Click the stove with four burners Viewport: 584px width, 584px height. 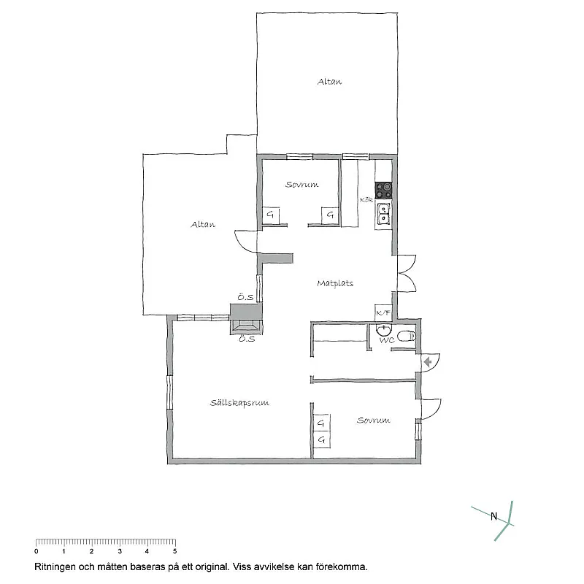tap(383, 191)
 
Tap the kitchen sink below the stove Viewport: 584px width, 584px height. tap(383, 215)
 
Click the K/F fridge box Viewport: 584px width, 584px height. tap(383, 312)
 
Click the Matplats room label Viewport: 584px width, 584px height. tap(335, 283)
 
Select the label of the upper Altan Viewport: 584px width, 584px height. tap(329, 82)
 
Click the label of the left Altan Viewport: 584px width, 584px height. tap(203, 225)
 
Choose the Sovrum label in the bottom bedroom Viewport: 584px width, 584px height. tap(373, 420)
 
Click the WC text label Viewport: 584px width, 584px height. tap(387, 340)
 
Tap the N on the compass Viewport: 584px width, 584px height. tap(493, 518)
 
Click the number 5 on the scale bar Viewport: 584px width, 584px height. tap(174, 551)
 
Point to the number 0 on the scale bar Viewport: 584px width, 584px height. tap(36, 551)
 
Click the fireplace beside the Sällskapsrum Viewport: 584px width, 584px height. tap(245, 325)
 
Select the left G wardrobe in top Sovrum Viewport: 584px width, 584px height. tap(271, 215)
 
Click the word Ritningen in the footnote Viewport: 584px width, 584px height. tap(53, 566)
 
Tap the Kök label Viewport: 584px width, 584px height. tap(366, 199)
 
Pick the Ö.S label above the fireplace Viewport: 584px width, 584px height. tap(244, 297)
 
